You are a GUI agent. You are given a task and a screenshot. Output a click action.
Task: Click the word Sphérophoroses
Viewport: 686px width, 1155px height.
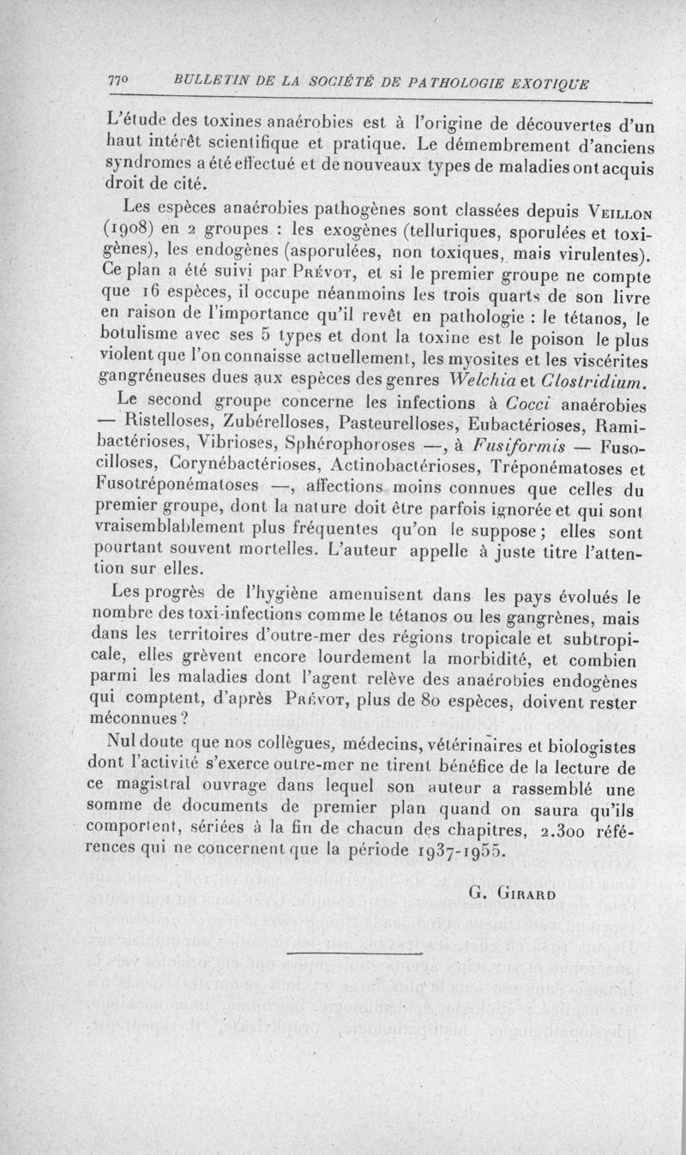[348, 447]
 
